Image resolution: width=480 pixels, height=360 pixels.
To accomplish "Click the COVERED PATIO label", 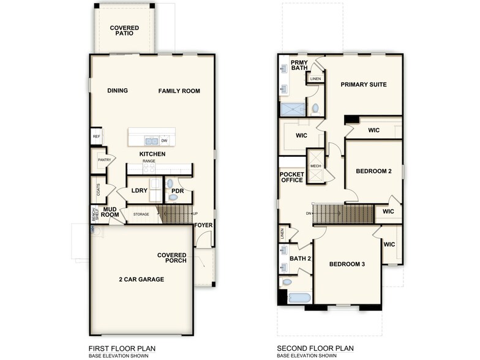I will (x=124, y=31).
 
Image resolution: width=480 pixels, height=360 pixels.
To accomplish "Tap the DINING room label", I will (x=118, y=91).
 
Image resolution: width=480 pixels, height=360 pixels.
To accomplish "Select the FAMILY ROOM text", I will (x=179, y=91).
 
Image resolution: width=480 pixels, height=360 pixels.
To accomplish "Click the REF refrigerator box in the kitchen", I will (x=96, y=137).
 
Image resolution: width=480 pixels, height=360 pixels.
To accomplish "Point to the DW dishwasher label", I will (x=164, y=141).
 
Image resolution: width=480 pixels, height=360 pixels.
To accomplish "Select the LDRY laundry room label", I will (x=140, y=191).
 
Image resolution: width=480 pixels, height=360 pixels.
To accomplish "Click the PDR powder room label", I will (x=178, y=191).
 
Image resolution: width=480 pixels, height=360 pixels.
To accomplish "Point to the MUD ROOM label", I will (x=110, y=212).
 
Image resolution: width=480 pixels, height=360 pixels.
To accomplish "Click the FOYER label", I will (x=203, y=225).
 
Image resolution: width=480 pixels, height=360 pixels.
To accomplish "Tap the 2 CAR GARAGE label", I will (x=141, y=279).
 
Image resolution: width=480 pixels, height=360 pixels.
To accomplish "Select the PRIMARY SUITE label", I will (x=364, y=84).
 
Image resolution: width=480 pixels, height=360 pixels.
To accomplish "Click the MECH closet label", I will (x=315, y=167).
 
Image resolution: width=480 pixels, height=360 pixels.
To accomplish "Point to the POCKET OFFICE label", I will (x=292, y=177).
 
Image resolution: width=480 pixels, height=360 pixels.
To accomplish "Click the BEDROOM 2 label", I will (x=373, y=171).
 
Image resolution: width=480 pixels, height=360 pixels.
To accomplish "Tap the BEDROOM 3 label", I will (x=347, y=264).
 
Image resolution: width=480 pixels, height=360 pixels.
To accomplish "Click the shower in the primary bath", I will (x=293, y=109).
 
